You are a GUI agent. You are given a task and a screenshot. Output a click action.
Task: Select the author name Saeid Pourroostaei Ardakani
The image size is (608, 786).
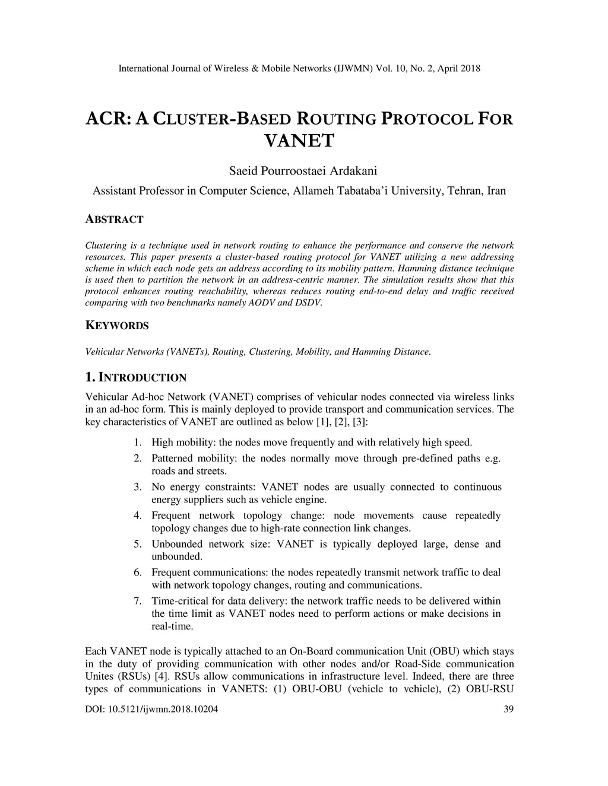(303, 171)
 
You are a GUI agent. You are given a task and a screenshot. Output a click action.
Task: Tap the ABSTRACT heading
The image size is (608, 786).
(115, 219)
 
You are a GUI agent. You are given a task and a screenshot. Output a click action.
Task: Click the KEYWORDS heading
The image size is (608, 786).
(117, 326)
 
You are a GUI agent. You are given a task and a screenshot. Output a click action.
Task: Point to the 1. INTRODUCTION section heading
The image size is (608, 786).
(136, 377)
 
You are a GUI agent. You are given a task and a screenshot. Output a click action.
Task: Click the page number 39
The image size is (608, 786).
(508, 709)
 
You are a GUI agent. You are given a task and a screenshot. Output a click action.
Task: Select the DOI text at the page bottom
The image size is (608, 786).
(151, 709)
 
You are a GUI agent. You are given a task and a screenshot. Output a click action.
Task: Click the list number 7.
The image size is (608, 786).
(137, 601)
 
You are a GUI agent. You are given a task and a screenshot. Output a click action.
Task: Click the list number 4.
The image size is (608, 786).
(137, 515)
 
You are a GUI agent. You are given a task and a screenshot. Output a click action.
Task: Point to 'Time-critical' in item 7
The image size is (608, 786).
(178, 601)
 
